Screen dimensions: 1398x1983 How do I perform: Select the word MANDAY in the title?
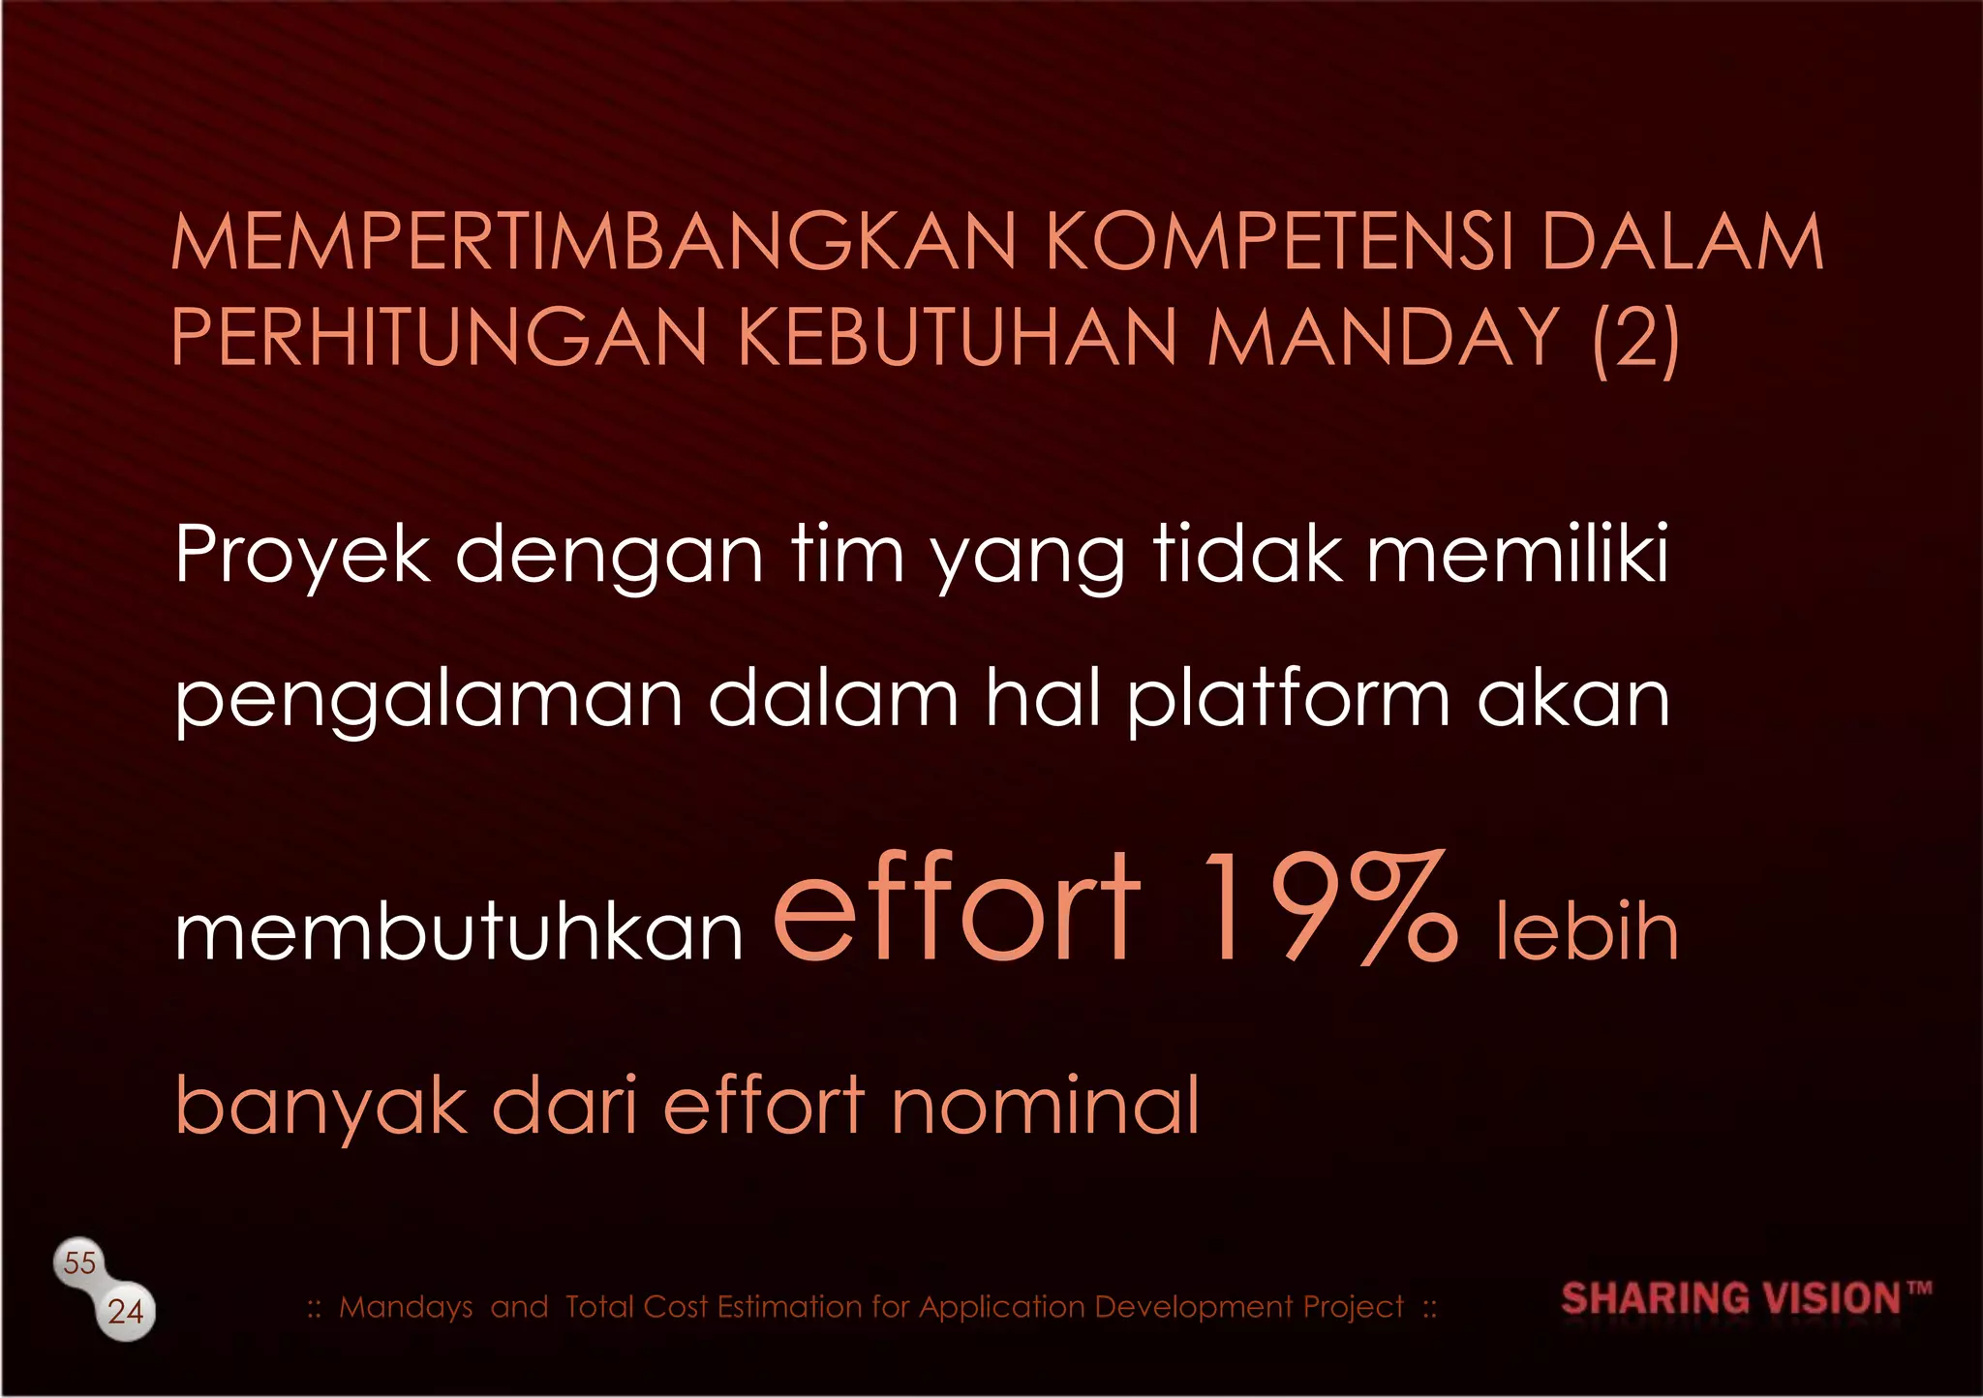click(1383, 337)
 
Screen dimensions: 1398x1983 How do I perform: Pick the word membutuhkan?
click(459, 931)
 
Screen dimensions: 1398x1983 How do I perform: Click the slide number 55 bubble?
click(79, 1262)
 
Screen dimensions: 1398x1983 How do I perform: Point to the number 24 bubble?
click(126, 1312)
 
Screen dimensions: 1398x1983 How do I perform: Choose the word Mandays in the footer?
click(406, 1307)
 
